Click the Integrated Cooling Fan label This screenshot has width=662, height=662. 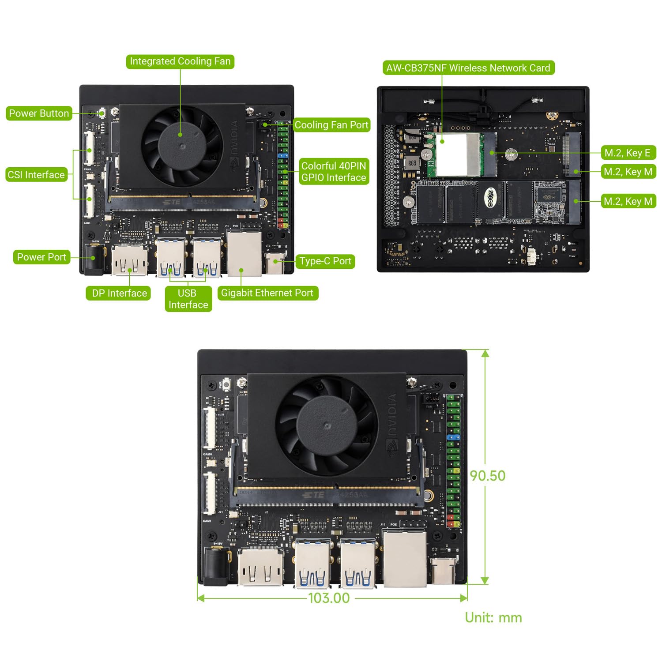pyautogui.click(x=180, y=61)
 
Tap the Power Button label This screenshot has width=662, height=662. pyautogui.click(x=39, y=113)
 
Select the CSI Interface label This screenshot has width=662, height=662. pyautogui.click(x=36, y=175)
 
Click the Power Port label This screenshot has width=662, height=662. pyautogui.click(x=41, y=257)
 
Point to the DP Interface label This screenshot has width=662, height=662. pyautogui.click(x=119, y=293)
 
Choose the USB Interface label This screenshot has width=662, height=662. pyautogui.click(x=188, y=299)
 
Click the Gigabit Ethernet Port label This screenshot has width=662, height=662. pyautogui.click(x=267, y=293)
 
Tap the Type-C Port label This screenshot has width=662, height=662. pyautogui.click(x=325, y=261)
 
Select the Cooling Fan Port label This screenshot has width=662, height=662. pyautogui.click(x=331, y=125)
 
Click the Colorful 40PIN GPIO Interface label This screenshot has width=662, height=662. pyautogui.click(x=334, y=172)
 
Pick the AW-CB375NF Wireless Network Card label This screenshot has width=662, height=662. pyautogui.click(x=468, y=68)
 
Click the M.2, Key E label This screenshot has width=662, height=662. pyautogui.click(x=628, y=153)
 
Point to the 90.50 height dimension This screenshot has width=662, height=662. pyautogui.click(x=487, y=476)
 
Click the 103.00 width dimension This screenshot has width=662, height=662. pyautogui.click(x=329, y=598)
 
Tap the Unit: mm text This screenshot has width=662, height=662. pyautogui.click(x=493, y=617)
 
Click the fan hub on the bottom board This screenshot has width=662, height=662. pyautogui.click(x=327, y=425)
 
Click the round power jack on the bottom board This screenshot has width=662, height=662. pyautogui.click(x=215, y=566)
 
